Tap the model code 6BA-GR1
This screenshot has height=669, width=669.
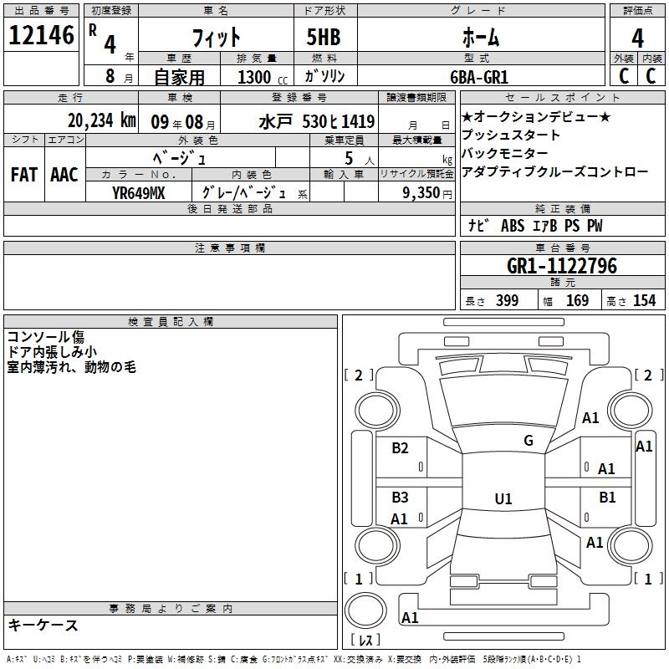(x=479, y=76)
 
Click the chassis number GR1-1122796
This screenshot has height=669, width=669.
(x=562, y=267)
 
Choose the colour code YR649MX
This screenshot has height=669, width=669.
(x=140, y=192)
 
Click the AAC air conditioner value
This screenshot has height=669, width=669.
(x=64, y=175)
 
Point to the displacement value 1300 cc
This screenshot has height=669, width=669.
(x=258, y=77)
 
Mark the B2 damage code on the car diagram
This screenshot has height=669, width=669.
(x=401, y=448)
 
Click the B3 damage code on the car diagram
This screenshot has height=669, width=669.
(x=401, y=498)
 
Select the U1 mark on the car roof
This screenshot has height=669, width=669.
(x=503, y=499)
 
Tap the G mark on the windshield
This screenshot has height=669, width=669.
(x=529, y=441)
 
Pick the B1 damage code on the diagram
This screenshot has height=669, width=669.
(x=607, y=498)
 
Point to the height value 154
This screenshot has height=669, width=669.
(x=645, y=301)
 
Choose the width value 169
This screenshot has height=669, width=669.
(x=577, y=301)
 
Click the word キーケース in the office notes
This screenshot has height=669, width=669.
(x=43, y=626)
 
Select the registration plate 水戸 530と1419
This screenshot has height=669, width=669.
(x=316, y=120)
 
